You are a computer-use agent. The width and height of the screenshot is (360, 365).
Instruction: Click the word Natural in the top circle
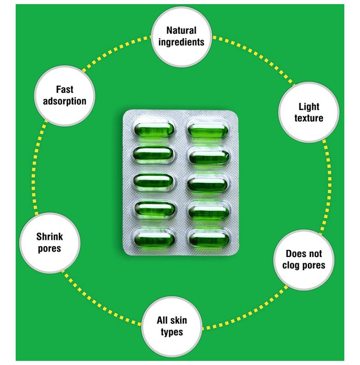pyautogui.click(x=182, y=30)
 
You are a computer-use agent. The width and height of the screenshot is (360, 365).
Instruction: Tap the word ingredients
pyautogui.click(x=182, y=42)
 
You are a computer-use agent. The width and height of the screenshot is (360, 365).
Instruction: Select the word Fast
pyautogui.click(x=65, y=89)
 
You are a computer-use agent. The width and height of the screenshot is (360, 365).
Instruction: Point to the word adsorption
pyautogui.click(x=65, y=101)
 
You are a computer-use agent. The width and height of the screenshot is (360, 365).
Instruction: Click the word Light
pyautogui.click(x=309, y=107)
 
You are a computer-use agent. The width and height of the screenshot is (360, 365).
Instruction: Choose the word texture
pyautogui.click(x=309, y=118)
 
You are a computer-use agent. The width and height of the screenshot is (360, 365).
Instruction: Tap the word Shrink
pyautogui.click(x=50, y=237)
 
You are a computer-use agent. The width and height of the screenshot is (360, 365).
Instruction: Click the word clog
pyautogui.click(x=291, y=265)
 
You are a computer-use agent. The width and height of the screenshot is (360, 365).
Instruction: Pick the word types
pyautogui.click(x=172, y=333)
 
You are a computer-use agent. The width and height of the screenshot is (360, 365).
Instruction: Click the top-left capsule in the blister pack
pyautogui.click(x=154, y=129)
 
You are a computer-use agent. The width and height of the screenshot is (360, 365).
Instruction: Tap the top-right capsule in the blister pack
pyautogui.click(x=208, y=130)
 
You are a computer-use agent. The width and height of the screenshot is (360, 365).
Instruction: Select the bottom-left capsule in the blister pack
pyautogui.click(x=154, y=239)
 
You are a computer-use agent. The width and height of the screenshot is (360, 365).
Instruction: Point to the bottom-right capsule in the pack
pyautogui.click(x=209, y=238)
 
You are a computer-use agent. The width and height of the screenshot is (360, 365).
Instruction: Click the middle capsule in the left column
pyautogui.click(x=153, y=181)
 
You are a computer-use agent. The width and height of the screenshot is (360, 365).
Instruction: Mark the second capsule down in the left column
pyautogui.click(x=153, y=154)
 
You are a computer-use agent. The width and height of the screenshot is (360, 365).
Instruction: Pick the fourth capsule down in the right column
pyautogui.click(x=208, y=211)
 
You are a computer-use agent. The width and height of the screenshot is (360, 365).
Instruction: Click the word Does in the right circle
pyautogui.click(x=295, y=254)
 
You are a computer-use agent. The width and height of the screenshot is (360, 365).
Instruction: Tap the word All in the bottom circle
pyautogui.click(x=162, y=320)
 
